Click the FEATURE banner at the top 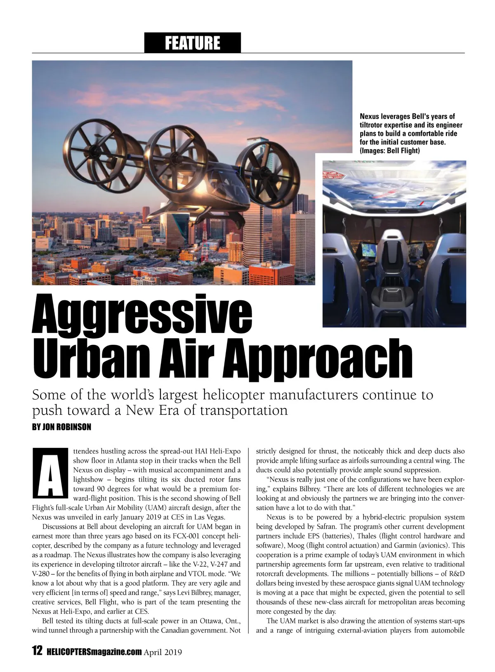pos(192,43)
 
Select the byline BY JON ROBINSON pos(61,427)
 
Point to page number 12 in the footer pos(37,651)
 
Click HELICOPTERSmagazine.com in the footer pos(94,652)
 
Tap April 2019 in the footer pos(163,652)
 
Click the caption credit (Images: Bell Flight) pos(390,151)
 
